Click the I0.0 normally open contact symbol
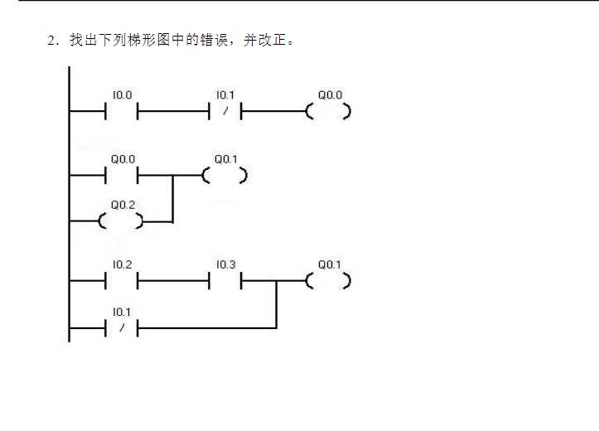coord(122,111)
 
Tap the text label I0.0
coord(123,94)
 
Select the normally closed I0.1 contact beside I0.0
coord(225,111)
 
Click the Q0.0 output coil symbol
coord(328,111)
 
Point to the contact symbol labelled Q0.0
coord(122,176)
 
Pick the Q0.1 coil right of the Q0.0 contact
coord(225,176)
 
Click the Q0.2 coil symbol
coord(121,221)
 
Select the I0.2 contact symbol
coord(122,281)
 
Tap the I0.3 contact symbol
coord(225,281)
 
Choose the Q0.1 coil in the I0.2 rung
coord(328,281)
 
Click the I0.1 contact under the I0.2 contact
coord(122,328)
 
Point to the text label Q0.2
coord(123,205)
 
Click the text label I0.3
coord(226,264)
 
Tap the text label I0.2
coord(123,264)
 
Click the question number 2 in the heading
coord(51,41)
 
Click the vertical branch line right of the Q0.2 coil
coord(172,198)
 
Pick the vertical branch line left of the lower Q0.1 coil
coord(276,304)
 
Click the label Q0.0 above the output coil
coord(330,94)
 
